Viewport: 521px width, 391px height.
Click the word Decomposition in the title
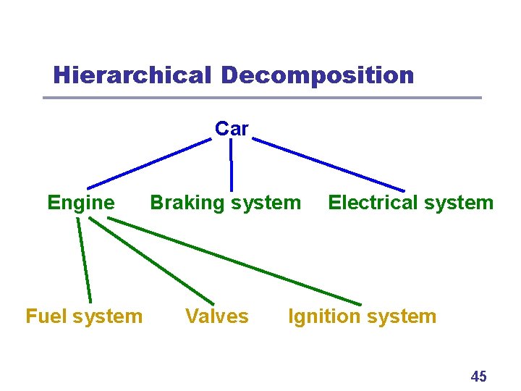pos(318,75)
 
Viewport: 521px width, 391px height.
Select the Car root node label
pos(232,129)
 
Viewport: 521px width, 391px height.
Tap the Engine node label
pos(80,203)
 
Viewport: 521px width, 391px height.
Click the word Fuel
pos(46,316)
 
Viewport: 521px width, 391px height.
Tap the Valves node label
pos(216,316)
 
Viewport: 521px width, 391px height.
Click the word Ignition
pos(323,316)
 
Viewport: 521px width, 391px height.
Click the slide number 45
pos(478,377)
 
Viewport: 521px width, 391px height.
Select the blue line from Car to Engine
pos(148,164)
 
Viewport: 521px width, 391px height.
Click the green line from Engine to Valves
pos(152,261)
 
